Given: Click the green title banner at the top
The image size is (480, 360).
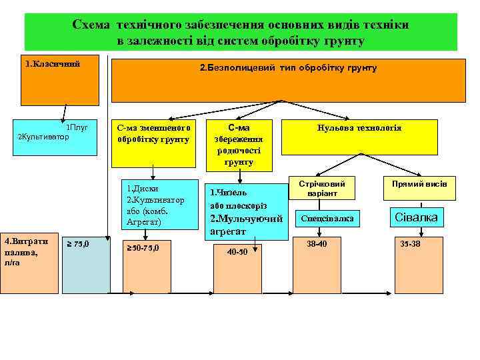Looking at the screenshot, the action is [241, 32].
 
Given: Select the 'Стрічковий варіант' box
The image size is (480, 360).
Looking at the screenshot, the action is [322, 189].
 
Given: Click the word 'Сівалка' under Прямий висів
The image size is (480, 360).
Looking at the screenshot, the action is [417, 218].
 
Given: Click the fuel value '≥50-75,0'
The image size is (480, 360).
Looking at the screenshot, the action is [142, 249].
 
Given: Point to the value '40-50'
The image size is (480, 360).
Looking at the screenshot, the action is [237, 252].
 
